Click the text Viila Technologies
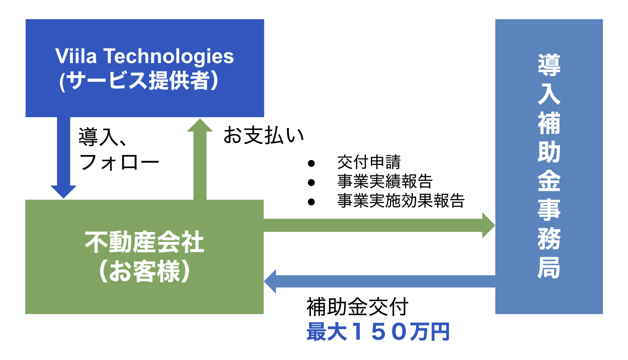(x=144, y=56)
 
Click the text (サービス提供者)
(x=139, y=81)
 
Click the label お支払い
(x=264, y=135)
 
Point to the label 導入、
(x=102, y=137)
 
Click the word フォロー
(x=119, y=162)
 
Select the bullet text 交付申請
(x=369, y=162)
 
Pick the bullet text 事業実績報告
(x=385, y=181)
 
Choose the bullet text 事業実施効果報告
(x=401, y=201)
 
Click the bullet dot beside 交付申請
(x=311, y=164)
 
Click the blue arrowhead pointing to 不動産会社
(x=270, y=281)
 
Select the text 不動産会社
(x=144, y=242)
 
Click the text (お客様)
(x=144, y=271)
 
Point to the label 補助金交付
(x=357, y=307)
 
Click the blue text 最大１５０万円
(x=378, y=332)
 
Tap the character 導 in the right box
(x=549, y=65)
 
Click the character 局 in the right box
(x=549, y=267)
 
